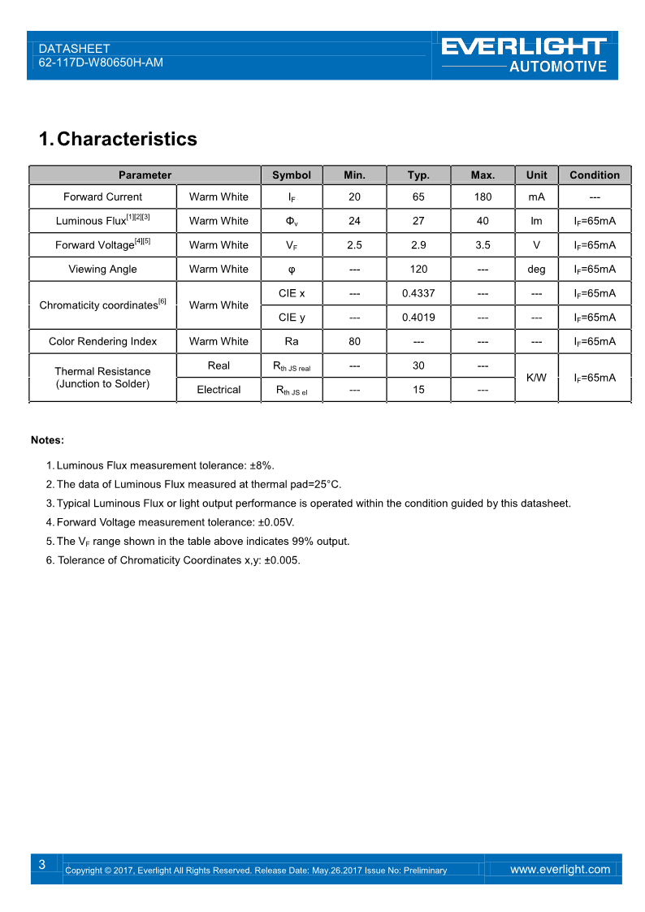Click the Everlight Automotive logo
525,54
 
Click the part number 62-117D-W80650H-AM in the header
101,63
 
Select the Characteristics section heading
118,139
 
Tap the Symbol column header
292,175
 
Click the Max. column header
483,175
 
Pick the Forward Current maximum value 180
483,197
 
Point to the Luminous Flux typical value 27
418,221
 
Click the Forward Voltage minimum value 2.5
354,244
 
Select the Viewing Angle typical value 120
418,269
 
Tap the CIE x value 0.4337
418,293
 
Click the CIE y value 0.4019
418,318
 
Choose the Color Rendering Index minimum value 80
354,341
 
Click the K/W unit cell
536,378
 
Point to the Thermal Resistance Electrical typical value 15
418,390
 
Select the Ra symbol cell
292,341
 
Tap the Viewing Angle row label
102,269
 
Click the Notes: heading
47,440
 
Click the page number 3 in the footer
41,865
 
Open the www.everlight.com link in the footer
560,869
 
